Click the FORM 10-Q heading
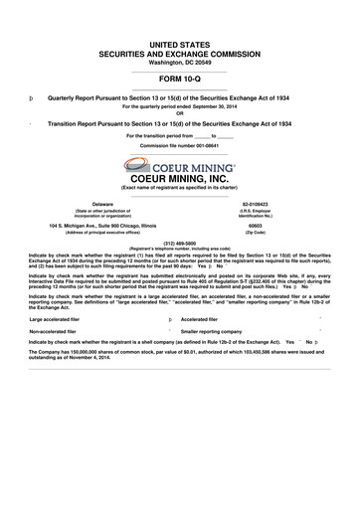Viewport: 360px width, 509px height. tap(180, 80)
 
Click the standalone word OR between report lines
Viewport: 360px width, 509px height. tap(180, 113)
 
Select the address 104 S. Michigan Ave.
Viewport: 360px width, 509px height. tap(80, 225)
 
